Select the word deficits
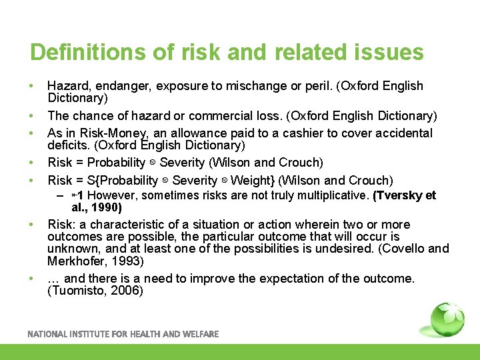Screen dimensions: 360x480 point(70,145)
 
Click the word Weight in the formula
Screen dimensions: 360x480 point(252,180)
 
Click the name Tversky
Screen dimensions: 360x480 point(399,195)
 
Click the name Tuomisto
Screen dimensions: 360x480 point(77,291)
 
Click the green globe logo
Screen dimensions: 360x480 point(447,321)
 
